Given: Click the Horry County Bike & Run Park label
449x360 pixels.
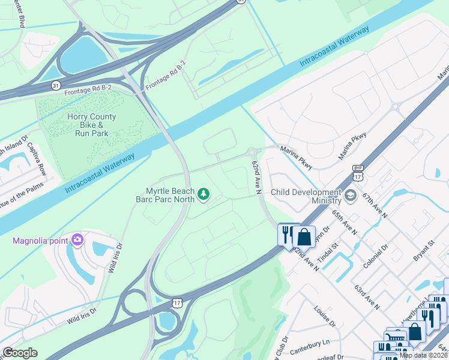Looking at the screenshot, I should point(92,125).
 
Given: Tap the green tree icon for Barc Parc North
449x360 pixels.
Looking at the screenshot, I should point(204,193).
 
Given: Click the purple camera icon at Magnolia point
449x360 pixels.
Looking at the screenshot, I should point(77,241).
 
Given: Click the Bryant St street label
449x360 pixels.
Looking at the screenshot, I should point(423,251).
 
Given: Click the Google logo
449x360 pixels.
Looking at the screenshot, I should point(20,353).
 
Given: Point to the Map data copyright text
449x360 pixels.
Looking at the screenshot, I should point(423,355).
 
